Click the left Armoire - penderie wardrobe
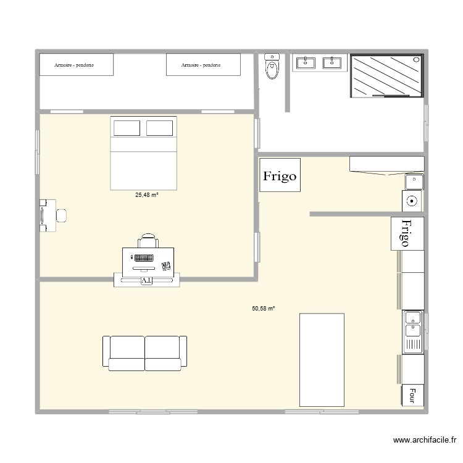tap(76, 64)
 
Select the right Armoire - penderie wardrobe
tap(202, 64)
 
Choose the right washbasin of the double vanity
tap(333, 62)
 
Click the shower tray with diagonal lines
tap(387, 75)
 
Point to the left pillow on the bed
tap(127, 128)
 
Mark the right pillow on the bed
tap(159, 128)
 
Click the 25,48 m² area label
tap(147, 195)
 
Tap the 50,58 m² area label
tap(263, 307)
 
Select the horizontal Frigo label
tap(280, 175)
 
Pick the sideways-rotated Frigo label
tap(407, 233)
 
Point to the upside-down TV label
tap(146, 280)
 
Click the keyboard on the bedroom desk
tap(145, 257)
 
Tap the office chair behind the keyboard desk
tap(148, 240)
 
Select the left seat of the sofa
tap(126, 353)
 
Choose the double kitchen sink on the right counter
tap(413, 332)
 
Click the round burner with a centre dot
tap(412, 200)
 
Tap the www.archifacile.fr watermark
tap(425, 440)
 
